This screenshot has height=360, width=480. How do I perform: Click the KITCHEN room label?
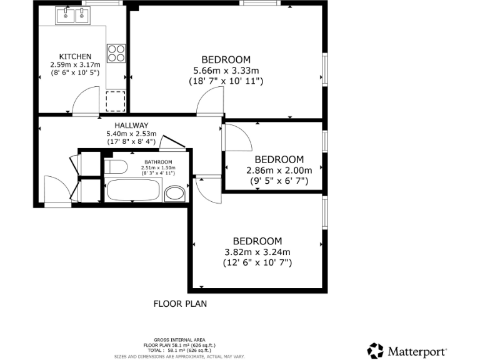(75, 56)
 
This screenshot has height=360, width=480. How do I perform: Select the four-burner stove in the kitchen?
(116, 52)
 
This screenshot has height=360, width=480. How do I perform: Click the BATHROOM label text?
(158, 161)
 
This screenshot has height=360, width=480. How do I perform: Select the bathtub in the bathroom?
(134, 190)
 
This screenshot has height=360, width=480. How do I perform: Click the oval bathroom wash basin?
(175, 193)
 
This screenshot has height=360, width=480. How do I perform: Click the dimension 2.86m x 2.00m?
(279, 170)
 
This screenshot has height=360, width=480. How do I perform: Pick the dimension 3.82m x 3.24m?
(257, 252)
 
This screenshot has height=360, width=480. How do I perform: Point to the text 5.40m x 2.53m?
(131, 134)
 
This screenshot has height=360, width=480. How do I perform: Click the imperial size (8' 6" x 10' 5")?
(75, 73)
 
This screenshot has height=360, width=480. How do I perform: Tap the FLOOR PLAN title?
(180, 304)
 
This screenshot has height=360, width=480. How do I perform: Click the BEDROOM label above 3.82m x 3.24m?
(257, 241)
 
